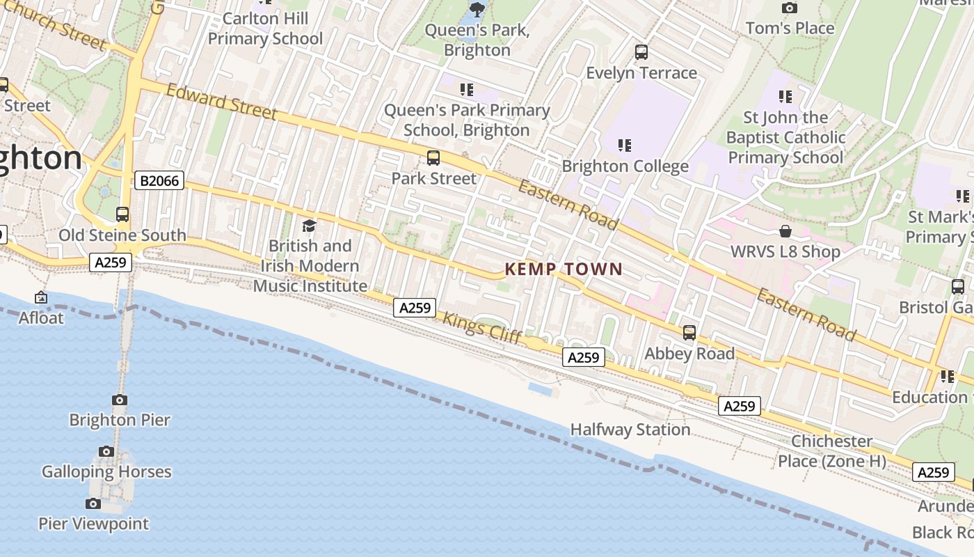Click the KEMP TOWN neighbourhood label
pyautogui.click(x=564, y=269)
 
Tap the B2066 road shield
pyautogui.click(x=159, y=181)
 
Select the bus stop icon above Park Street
pyautogui.click(x=433, y=158)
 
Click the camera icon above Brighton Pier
pyautogui.click(x=120, y=400)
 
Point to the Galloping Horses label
pyautogui.click(x=106, y=471)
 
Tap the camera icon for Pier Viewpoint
pyautogui.click(x=93, y=503)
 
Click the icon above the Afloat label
pyautogui.click(x=41, y=298)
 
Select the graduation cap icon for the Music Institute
pyautogui.click(x=309, y=226)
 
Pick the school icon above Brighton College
pyautogui.click(x=625, y=146)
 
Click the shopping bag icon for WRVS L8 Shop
pyautogui.click(x=785, y=231)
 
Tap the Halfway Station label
pyautogui.click(x=630, y=430)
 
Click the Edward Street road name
pyautogui.click(x=222, y=102)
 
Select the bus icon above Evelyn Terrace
pyautogui.click(x=641, y=52)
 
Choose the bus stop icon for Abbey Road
pyautogui.click(x=689, y=333)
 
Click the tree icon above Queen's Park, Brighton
pyautogui.click(x=477, y=9)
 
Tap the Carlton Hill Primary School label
pyautogui.click(x=265, y=29)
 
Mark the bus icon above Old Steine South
pyautogui.click(x=122, y=214)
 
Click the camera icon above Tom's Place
pyautogui.click(x=790, y=8)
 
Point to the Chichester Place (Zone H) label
pyautogui.click(x=832, y=450)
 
